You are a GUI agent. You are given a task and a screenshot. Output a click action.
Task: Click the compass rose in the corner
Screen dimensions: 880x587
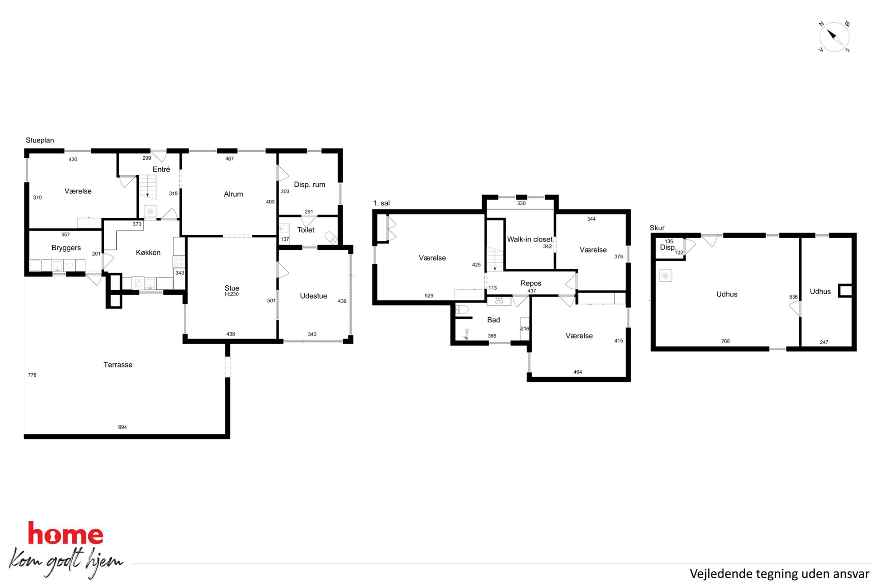pyautogui.click(x=834, y=37)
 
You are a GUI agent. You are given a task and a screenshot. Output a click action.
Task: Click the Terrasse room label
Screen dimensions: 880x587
pyautogui.click(x=118, y=365)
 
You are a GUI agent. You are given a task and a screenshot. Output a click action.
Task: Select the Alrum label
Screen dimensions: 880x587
pyautogui.click(x=233, y=194)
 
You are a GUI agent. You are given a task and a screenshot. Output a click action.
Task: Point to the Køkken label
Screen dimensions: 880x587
pyautogui.click(x=148, y=252)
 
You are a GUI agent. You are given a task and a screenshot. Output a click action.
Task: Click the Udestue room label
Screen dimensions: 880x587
pyautogui.click(x=314, y=296)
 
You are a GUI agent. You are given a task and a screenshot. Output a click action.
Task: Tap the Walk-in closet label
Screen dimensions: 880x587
pyautogui.click(x=530, y=239)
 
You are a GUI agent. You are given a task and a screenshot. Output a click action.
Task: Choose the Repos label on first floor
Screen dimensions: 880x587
pyautogui.click(x=531, y=283)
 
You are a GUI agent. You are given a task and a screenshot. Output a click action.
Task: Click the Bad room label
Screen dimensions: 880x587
pyautogui.click(x=494, y=320)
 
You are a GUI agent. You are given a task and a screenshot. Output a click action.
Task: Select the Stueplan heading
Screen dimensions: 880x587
pyautogui.click(x=40, y=140)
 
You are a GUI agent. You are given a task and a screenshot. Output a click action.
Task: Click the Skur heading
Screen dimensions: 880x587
pyautogui.click(x=657, y=228)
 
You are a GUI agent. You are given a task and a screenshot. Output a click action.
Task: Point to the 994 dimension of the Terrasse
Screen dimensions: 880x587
pyautogui.click(x=122, y=427)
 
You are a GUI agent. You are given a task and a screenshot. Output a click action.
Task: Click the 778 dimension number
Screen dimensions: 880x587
pyautogui.click(x=32, y=375)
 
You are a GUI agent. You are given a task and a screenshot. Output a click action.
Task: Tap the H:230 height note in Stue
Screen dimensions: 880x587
pyautogui.click(x=232, y=294)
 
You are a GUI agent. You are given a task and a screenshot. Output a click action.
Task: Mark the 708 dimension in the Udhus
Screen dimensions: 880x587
pyautogui.click(x=726, y=341)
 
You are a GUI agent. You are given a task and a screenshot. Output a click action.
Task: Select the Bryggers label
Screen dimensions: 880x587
pyautogui.click(x=66, y=248)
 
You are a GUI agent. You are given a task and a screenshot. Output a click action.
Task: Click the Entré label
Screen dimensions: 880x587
pyautogui.click(x=161, y=169)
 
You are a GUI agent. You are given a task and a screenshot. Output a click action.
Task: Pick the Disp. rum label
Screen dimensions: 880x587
pyautogui.click(x=310, y=185)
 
